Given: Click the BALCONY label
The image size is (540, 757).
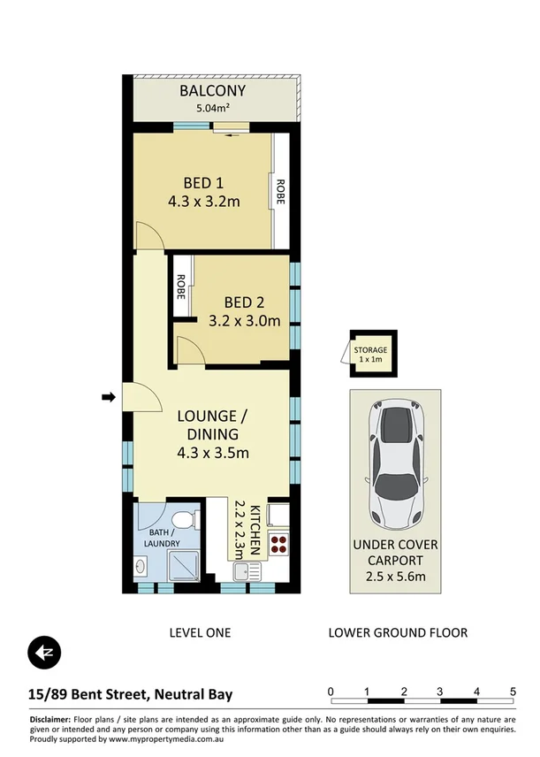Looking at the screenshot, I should [x=212, y=91].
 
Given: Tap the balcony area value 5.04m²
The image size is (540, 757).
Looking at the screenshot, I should [x=212, y=111].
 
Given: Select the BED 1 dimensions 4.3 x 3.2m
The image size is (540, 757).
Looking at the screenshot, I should [x=204, y=202].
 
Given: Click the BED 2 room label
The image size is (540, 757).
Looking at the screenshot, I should [x=245, y=301].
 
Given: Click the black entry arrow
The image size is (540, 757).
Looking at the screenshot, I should [x=109, y=398].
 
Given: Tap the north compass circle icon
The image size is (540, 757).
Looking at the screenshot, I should [x=43, y=653].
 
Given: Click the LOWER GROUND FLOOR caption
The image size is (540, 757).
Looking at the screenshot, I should [x=397, y=632].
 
